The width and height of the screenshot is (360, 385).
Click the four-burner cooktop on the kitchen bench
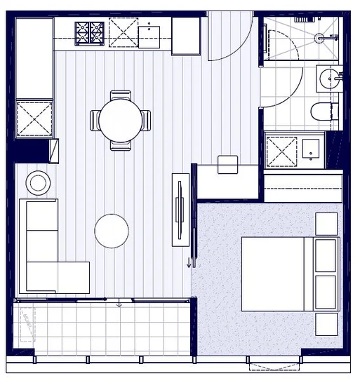click(90, 32)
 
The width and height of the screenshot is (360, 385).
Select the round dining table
click(121, 121)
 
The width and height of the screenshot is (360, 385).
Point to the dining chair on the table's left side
click(95, 121)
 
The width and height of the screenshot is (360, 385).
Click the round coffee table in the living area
click(112, 231)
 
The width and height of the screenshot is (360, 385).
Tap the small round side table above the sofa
click(38, 183)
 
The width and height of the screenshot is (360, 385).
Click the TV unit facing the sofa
click(180, 208)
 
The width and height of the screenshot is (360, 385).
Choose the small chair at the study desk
click(228, 164)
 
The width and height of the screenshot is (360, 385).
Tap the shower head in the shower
click(319, 37)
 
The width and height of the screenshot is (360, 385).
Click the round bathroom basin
click(328, 79)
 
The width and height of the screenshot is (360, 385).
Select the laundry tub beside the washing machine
click(309, 149)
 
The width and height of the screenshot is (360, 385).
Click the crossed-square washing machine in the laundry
click(281, 151)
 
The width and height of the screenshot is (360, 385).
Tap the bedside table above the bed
click(326, 224)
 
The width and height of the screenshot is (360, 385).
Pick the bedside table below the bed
click(326, 324)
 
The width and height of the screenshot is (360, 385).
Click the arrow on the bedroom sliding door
click(189, 262)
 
